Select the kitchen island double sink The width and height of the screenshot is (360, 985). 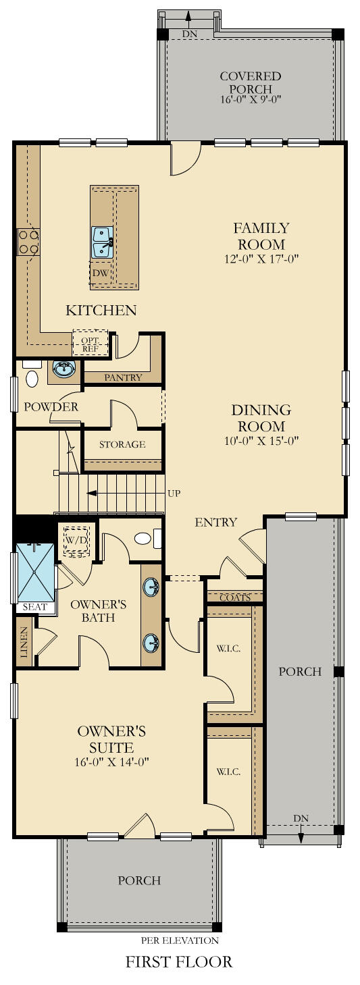click(102, 242)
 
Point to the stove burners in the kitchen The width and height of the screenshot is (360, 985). click(28, 242)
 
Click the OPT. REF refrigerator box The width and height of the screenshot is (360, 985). click(90, 344)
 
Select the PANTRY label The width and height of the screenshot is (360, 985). click(123, 378)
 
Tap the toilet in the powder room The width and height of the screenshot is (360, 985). click(32, 376)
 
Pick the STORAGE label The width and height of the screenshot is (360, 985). click(122, 444)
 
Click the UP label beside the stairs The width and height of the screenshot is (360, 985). click(174, 493)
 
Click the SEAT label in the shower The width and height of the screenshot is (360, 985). click(34, 607)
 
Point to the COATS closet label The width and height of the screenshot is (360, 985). click(235, 597)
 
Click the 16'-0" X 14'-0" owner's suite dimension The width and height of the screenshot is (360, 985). click(112, 762)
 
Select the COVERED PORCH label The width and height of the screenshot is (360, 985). click(250, 83)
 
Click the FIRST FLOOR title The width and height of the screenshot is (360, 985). click(179, 961)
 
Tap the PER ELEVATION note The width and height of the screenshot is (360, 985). click(180, 940)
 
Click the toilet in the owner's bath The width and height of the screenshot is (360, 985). click(143, 539)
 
